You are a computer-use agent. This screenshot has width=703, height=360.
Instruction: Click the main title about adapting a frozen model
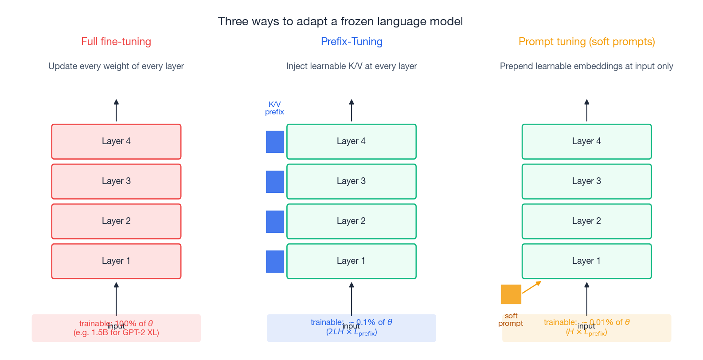[x=340, y=21]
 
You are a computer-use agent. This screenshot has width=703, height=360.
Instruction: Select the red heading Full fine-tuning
[x=116, y=42]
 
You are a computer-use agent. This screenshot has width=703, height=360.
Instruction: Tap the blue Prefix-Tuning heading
[x=351, y=42]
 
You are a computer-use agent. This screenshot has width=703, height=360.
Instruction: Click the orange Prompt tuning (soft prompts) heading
[x=586, y=42]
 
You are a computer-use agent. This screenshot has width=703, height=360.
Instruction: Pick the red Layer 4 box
[x=116, y=141]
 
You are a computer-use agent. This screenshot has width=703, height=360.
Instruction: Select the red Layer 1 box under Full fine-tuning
[x=116, y=261]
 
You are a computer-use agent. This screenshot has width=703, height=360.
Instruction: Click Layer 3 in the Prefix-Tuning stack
[x=351, y=181]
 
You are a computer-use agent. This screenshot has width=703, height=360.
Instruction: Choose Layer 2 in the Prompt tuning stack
[x=586, y=221]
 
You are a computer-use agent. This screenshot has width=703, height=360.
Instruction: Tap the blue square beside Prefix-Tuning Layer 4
[x=275, y=142]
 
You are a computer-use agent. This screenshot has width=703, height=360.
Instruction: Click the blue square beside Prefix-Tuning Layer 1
[x=275, y=262]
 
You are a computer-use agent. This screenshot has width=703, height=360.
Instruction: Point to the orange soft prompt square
[x=511, y=294]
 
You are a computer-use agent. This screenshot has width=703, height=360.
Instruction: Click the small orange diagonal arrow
[x=531, y=287]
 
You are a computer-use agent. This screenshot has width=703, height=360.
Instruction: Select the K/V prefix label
[x=274, y=108]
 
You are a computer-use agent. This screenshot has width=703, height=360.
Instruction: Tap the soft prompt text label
[x=511, y=320]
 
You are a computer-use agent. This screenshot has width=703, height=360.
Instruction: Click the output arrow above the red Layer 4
[x=116, y=110]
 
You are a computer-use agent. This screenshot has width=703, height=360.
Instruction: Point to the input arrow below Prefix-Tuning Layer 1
[x=351, y=299]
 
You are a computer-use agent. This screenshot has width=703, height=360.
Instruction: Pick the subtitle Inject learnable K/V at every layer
[x=351, y=67]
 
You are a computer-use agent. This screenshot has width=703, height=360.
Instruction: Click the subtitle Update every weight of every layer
[x=116, y=67]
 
